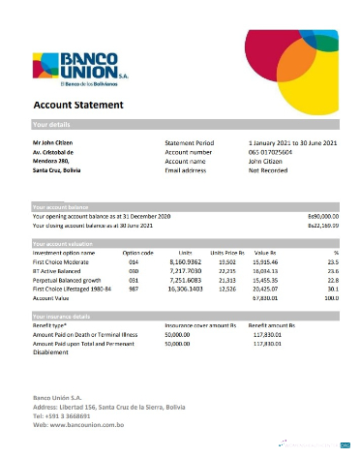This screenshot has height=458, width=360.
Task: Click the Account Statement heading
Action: point(78,105)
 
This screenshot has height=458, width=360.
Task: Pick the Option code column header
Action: point(137,252)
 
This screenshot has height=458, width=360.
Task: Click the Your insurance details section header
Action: point(62,316)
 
